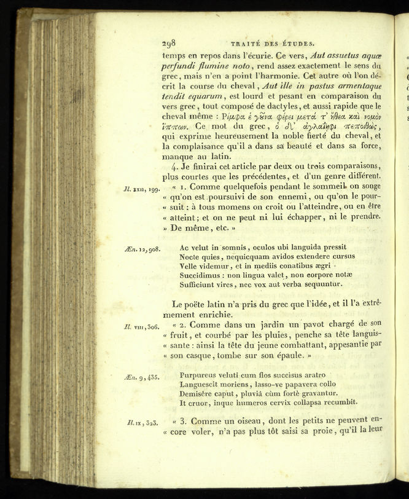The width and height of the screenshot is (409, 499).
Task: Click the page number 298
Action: [169, 44]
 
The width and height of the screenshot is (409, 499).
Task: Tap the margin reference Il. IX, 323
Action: [139, 423]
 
